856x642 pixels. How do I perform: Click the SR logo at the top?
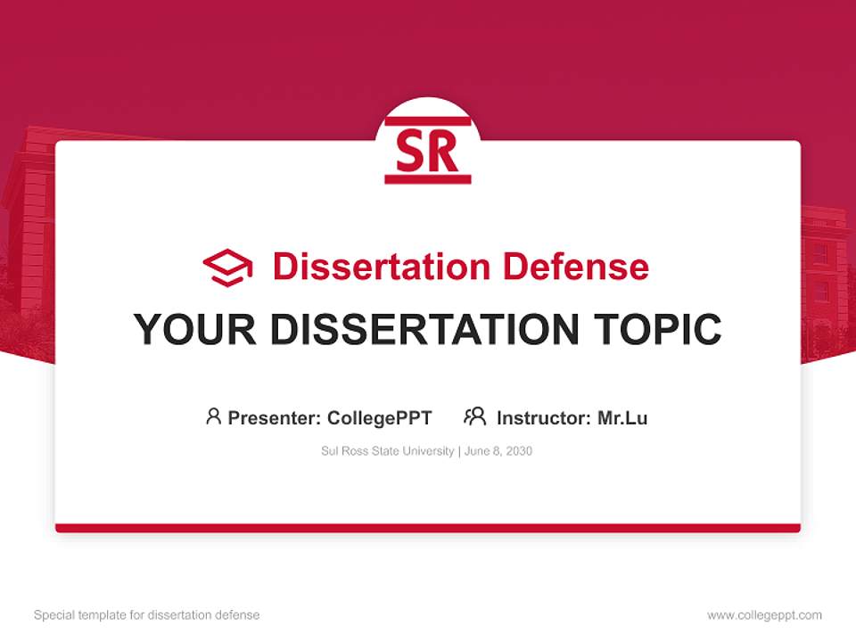coord(428,150)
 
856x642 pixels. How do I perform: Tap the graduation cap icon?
coord(227,267)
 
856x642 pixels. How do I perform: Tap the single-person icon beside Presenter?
coord(213,416)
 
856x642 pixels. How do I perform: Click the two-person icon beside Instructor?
coord(474,416)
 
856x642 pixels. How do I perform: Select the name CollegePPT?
coord(380,417)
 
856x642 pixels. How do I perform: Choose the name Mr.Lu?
coord(622,417)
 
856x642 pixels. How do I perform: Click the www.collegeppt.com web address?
coord(764,615)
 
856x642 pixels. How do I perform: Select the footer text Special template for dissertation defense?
coord(146,615)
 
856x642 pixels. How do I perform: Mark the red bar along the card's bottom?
coord(428,528)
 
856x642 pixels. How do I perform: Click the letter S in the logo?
coord(412,152)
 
